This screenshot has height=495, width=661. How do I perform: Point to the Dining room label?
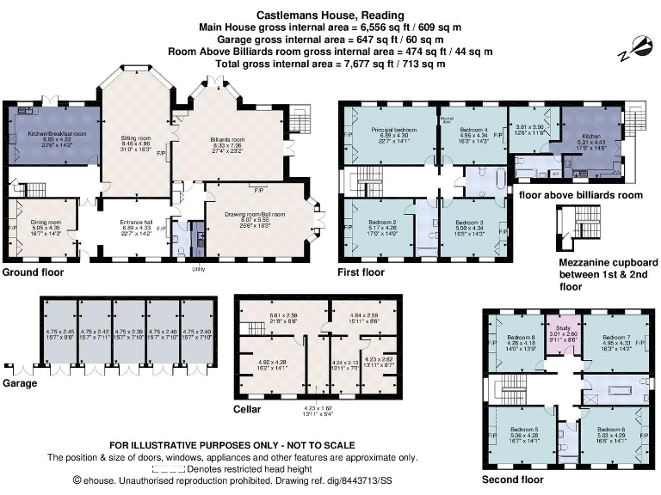pyautogui.click(x=42, y=222)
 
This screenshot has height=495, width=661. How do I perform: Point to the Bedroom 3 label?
pyautogui.click(x=468, y=222)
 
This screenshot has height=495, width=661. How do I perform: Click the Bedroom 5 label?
pyautogui.click(x=523, y=429)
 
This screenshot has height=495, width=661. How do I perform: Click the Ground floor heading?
pyautogui.click(x=33, y=272)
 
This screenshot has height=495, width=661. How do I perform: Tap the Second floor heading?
pyautogui.click(x=514, y=480)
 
